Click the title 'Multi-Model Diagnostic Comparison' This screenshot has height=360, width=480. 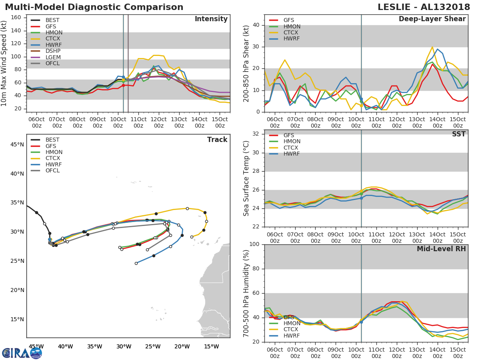94,7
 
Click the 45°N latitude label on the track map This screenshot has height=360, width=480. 17,144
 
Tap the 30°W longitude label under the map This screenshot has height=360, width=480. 124,346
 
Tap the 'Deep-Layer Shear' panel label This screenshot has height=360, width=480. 432,19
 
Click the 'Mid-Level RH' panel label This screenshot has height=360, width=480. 441,249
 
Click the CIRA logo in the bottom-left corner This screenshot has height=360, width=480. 22,353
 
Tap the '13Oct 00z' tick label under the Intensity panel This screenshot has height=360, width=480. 179,123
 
